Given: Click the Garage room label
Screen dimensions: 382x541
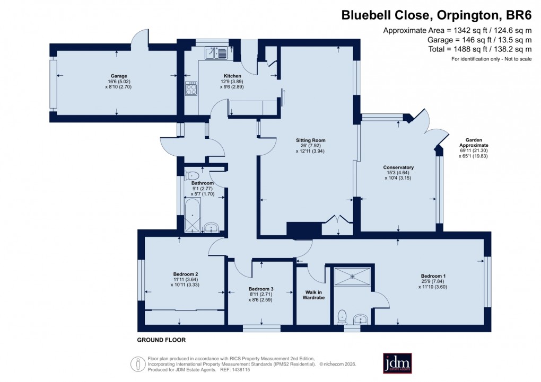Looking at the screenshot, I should (x=116, y=76).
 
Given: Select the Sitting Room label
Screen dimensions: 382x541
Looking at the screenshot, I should (x=310, y=140).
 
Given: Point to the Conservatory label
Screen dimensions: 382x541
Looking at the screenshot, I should (x=398, y=168).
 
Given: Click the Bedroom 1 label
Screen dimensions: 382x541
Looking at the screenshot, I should (x=433, y=276).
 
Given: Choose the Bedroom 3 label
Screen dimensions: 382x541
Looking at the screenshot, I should (x=260, y=288).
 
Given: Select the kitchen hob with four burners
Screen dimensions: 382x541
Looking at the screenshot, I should (x=191, y=88).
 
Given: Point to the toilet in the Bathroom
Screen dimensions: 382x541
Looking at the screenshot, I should (x=192, y=175).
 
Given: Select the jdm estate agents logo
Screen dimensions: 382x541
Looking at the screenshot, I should (x=398, y=363).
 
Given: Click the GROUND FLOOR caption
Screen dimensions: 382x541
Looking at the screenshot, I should (x=161, y=340).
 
